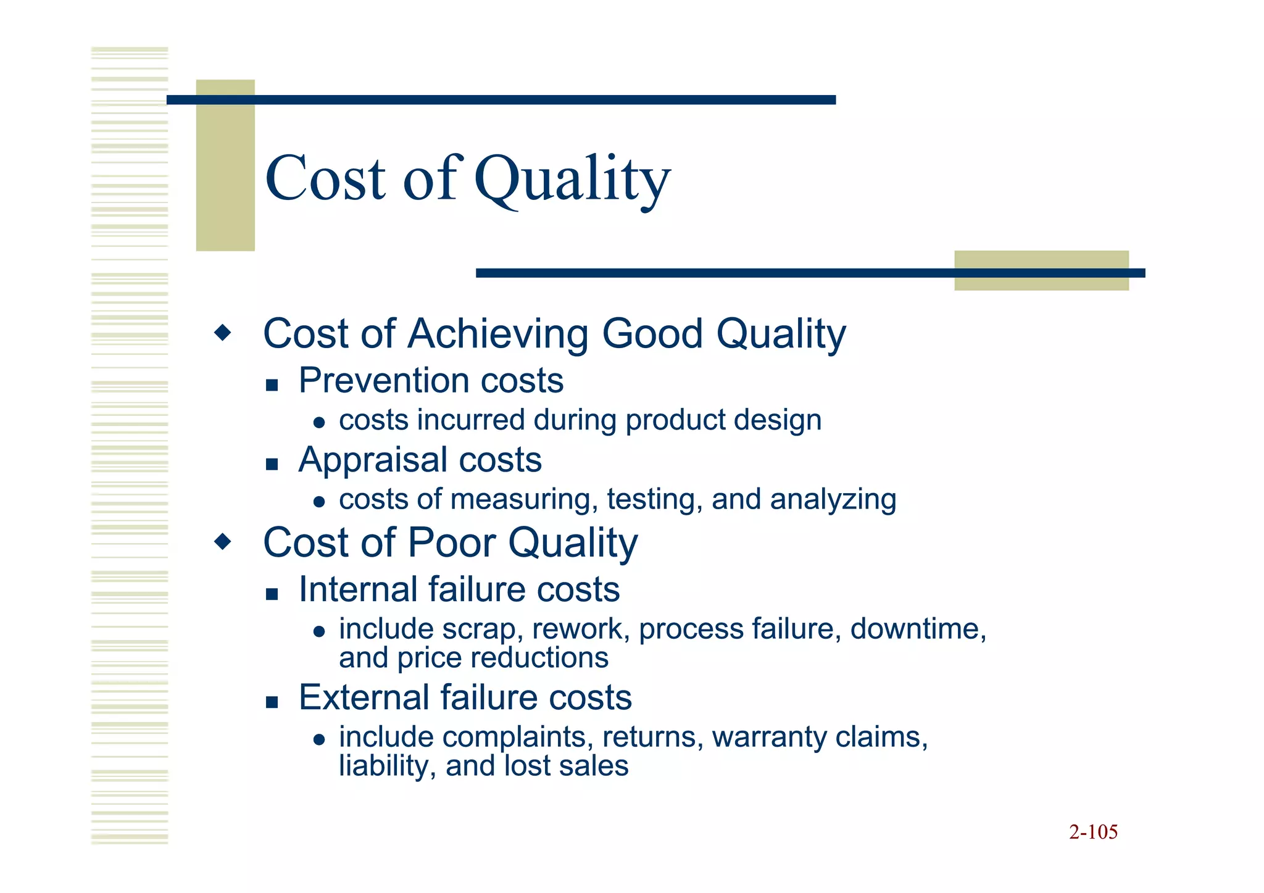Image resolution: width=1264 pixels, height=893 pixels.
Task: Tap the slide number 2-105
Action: pos(1093,832)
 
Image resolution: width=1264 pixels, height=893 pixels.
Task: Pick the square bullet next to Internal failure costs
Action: pos(272,594)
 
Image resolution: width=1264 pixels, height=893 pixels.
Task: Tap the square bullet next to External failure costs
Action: pos(272,702)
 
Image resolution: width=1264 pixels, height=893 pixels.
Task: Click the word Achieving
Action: pos(497,334)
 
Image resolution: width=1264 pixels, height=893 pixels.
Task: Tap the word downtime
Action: pos(918,629)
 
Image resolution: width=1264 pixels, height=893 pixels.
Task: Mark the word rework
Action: pos(580,629)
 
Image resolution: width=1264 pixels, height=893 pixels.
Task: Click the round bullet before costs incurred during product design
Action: pos(319,423)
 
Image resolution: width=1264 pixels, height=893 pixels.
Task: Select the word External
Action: pos(364,698)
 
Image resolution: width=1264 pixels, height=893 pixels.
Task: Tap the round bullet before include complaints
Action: pos(319,739)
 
